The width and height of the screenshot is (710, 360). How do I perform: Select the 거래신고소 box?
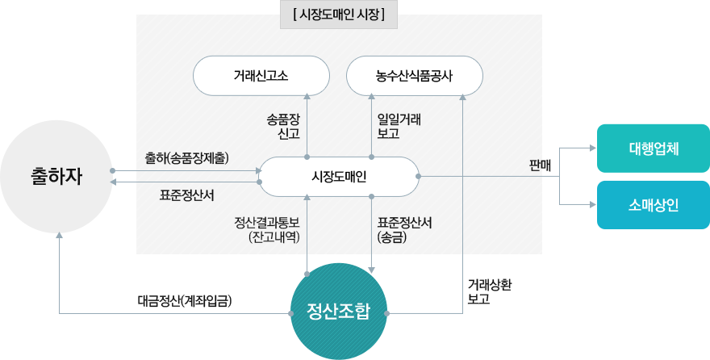click(261, 76)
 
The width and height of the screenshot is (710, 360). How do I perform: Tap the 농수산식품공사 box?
click(414, 76)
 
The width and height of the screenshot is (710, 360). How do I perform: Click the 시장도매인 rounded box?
click(340, 176)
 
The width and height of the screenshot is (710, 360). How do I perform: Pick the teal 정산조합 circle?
click(339, 311)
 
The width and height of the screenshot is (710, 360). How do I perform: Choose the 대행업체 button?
click(653, 149)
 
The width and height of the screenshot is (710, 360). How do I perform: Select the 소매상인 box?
click(653, 204)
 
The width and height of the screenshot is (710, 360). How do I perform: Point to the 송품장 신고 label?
click(283, 126)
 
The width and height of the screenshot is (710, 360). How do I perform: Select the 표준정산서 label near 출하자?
click(186, 195)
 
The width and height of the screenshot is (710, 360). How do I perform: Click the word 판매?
click(540, 165)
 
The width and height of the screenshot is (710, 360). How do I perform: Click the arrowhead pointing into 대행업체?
click(592, 149)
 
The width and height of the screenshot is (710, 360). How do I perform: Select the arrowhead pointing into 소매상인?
click(592, 204)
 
